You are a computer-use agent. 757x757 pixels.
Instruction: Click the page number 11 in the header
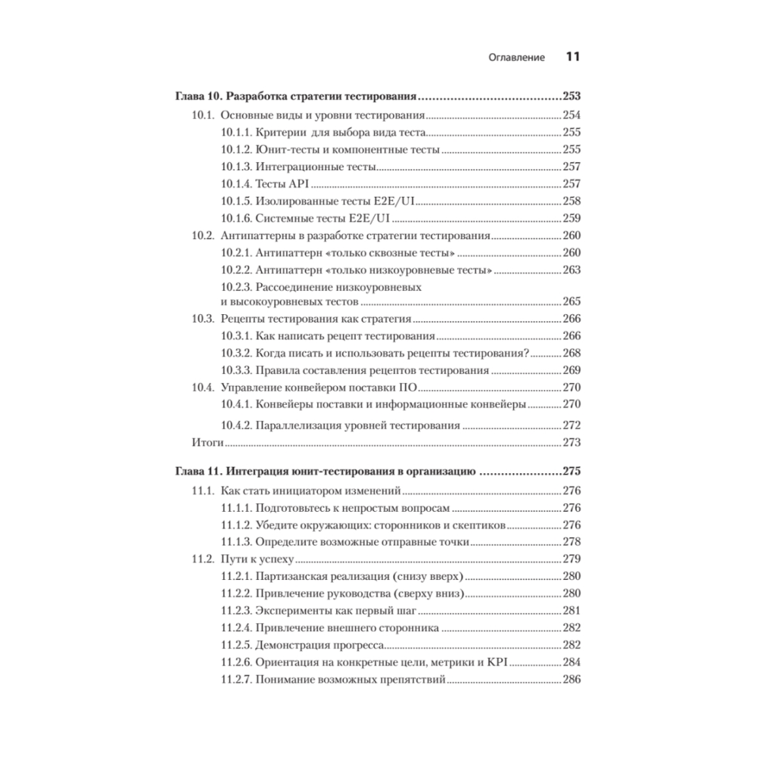point(572,57)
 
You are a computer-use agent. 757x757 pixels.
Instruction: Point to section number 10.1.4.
point(236,184)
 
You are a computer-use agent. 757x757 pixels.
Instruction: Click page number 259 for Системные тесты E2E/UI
point(572,218)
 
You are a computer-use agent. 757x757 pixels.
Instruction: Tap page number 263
point(572,270)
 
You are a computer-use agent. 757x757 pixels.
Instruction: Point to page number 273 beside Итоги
point(572,442)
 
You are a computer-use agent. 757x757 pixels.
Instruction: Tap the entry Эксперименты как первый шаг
point(336,611)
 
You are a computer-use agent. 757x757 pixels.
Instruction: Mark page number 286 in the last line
point(572,681)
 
